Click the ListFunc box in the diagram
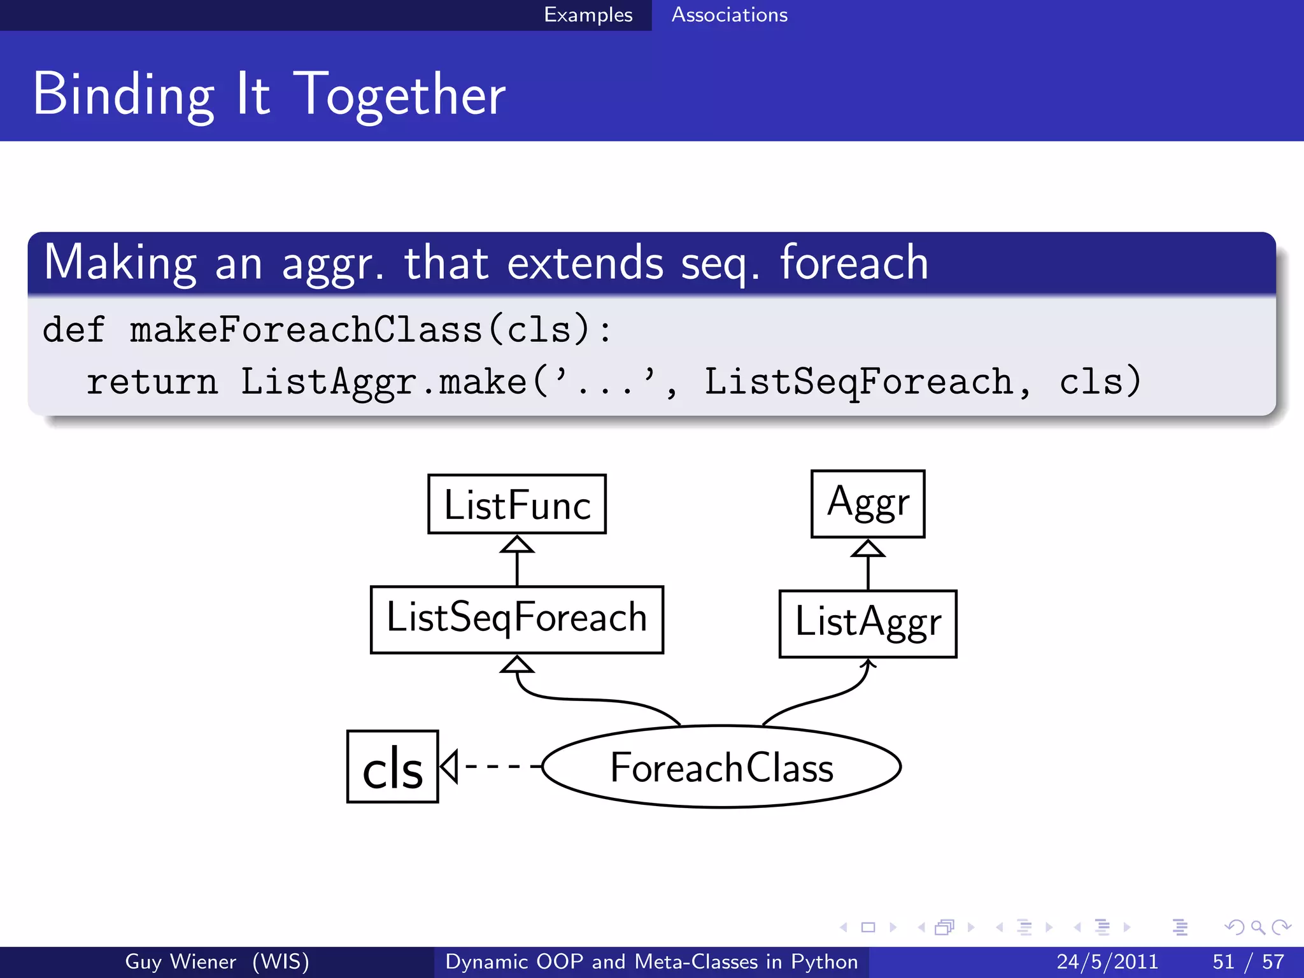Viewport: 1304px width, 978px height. pos(516,504)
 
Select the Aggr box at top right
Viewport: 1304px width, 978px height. pos(867,504)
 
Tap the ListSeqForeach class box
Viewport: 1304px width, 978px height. pos(516,619)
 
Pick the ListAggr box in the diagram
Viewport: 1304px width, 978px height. pos(867,623)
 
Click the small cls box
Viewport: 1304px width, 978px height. pos(392,767)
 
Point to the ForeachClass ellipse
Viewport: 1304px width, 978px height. pos(721,767)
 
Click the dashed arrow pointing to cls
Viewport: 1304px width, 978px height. pos(497,766)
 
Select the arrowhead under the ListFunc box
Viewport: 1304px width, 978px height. pos(516,544)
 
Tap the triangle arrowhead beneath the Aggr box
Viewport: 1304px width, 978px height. pos(867,549)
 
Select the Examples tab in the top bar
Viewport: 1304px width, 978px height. pos(588,15)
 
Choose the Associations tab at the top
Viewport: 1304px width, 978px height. pos(729,15)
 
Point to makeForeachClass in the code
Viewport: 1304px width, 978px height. pos(306,330)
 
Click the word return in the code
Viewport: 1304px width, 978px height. pos(152,382)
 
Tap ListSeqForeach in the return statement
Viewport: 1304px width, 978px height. pos(858,382)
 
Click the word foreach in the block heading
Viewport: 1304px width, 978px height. pos(853,262)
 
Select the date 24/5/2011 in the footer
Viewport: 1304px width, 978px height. pos(1107,961)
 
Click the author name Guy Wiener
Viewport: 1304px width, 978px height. pos(180,961)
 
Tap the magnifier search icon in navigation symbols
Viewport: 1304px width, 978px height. pos(1257,927)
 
